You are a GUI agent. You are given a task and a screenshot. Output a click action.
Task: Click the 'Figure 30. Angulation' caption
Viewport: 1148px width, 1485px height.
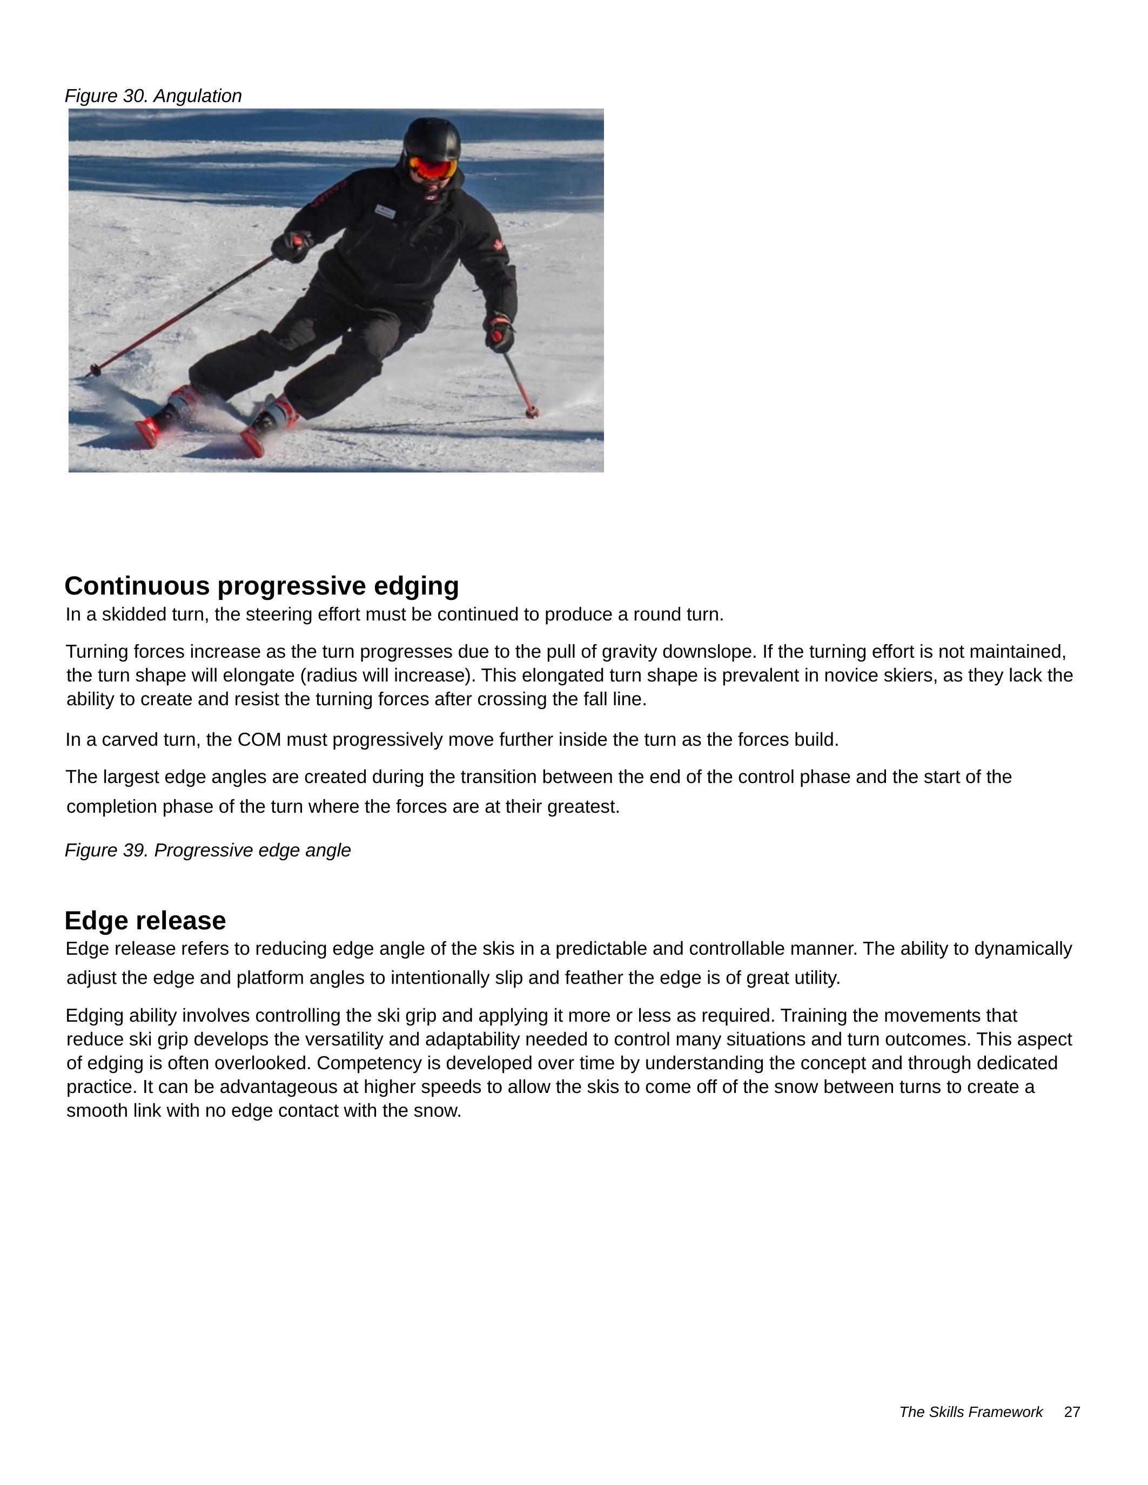click(153, 96)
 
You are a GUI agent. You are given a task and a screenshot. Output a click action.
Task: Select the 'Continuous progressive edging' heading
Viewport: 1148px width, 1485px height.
click(262, 585)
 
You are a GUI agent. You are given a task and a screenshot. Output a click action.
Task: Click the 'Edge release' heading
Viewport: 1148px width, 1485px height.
click(145, 921)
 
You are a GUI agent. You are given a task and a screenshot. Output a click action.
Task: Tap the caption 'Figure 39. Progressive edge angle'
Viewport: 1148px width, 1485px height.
click(207, 850)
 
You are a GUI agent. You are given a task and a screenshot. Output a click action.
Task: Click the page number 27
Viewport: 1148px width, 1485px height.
click(1072, 1412)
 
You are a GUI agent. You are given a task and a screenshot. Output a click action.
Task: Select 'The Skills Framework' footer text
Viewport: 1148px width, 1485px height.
click(970, 1412)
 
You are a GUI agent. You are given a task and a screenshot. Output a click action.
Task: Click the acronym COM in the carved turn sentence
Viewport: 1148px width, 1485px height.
click(259, 740)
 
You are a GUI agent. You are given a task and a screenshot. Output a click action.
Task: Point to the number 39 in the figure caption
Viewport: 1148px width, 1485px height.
click(135, 850)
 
